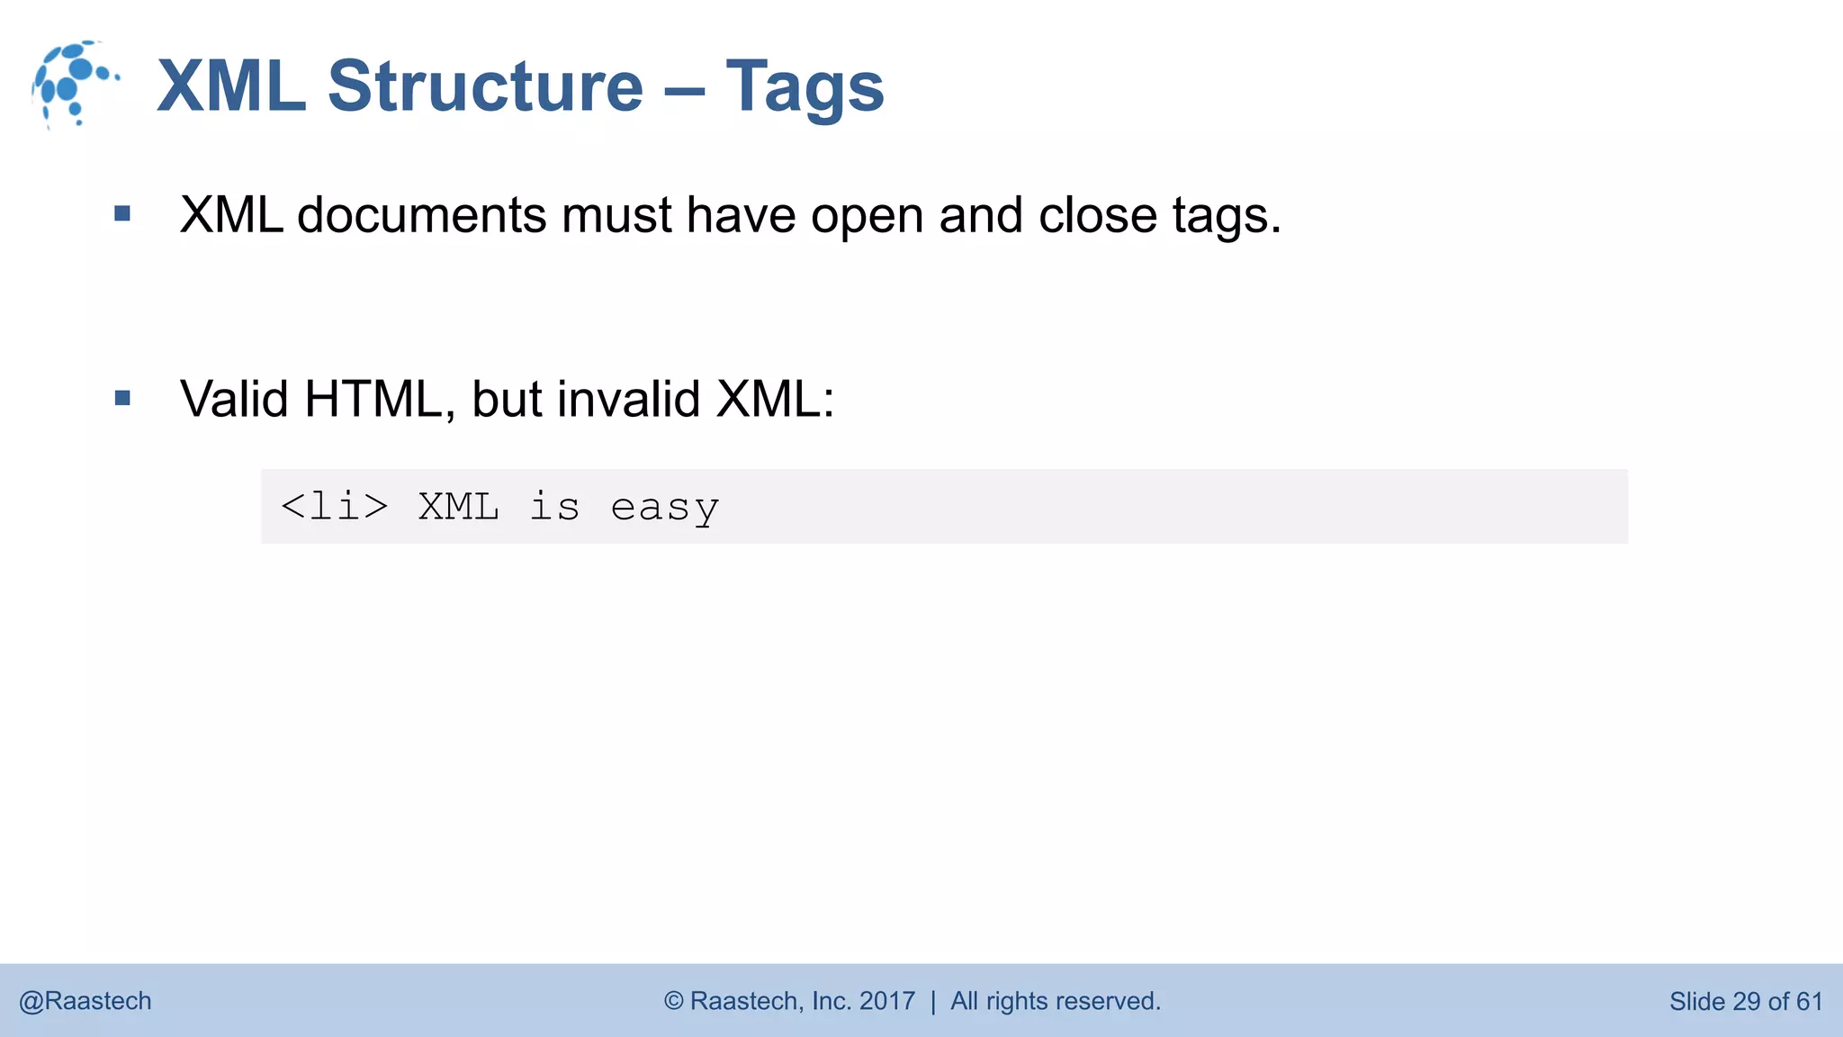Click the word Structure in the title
(485, 86)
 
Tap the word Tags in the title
(805, 88)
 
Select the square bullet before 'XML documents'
(123, 214)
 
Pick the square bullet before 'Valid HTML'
(123, 398)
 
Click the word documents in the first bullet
(421, 216)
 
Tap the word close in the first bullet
(1097, 216)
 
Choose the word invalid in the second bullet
(628, 399)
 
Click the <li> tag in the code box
(335, 507)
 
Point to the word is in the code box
(554, 506)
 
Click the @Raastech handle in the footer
(85, 1001)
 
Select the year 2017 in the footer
(886, 1001)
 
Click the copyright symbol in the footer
(674, 1001)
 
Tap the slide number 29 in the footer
(1746, 1001)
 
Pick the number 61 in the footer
(1809, 1001)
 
